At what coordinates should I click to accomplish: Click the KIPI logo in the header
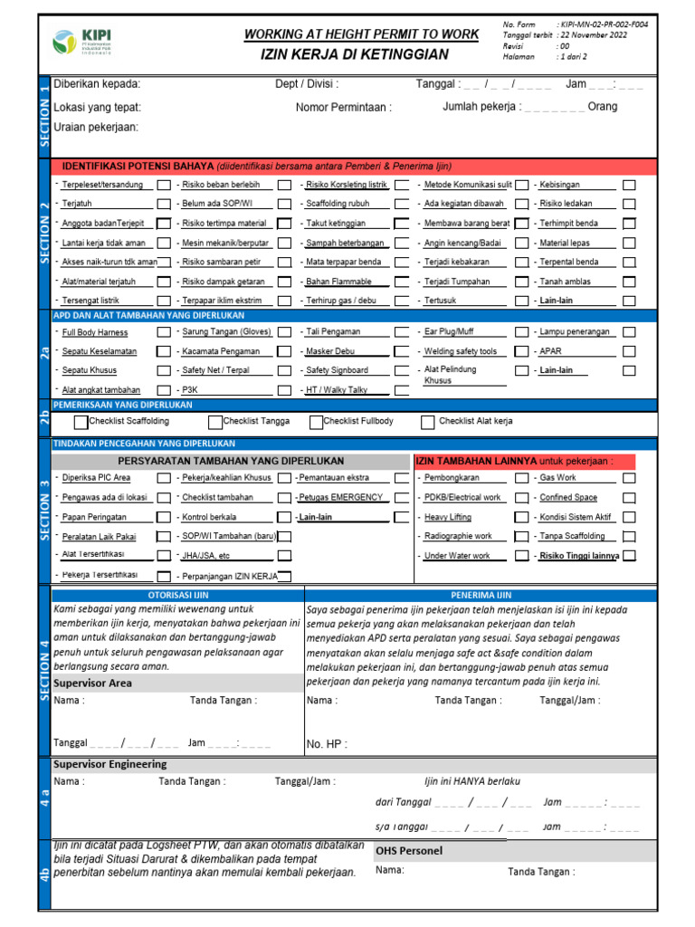click(79, 41)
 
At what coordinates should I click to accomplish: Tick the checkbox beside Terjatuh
click(163, 204)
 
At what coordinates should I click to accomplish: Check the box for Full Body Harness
click(163, 332)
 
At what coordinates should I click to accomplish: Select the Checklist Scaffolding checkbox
click(81, 422)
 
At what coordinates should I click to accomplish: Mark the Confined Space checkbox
click(629, 498)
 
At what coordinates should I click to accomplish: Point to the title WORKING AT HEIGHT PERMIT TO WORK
click(361, 34)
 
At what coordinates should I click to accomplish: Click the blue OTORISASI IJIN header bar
click(177, 595)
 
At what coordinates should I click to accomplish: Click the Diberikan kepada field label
click(97, 84)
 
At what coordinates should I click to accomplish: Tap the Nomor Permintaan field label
click(344, 108)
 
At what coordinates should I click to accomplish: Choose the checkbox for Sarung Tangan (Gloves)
click(284, 332)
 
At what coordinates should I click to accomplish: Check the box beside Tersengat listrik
click(163, 301)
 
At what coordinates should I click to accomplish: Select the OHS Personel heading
click(409, 851)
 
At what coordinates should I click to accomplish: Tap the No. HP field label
click(327, 744)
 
